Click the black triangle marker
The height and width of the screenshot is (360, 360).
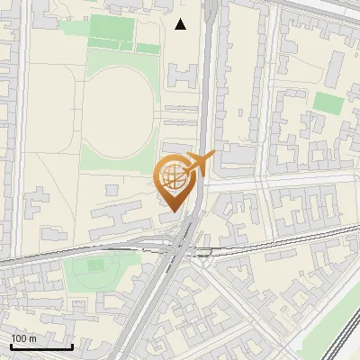(181, 24)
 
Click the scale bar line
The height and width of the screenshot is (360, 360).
(41, 346)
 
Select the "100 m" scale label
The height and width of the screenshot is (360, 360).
(24, 337)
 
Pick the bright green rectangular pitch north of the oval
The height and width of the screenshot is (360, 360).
(111, 32)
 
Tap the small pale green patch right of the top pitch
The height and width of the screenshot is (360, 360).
(147, 48)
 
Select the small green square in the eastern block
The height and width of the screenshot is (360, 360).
(329, 103)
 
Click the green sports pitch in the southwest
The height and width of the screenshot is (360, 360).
(94, 269)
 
